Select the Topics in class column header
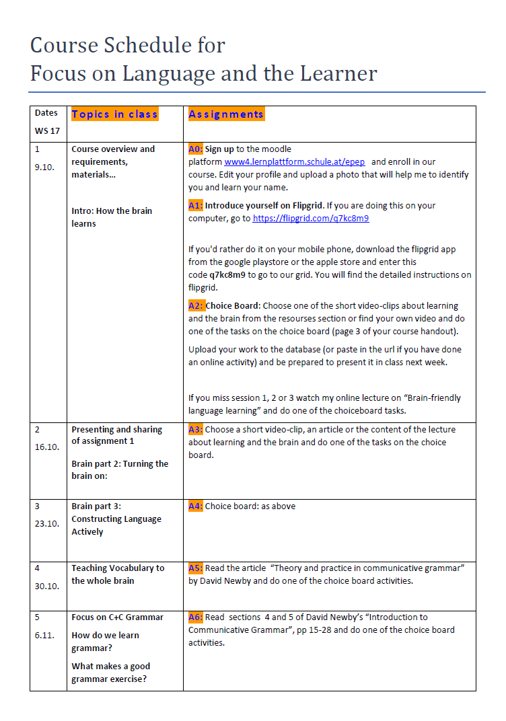pos(114,114)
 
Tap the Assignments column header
pos(226,114)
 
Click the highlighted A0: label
pos(195,149)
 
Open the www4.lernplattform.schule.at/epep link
pos(295,162)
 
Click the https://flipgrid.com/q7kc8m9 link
pos(311,219)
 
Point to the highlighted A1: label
pos(195,206)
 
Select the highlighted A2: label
pos(196,305)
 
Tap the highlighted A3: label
pos(195,429)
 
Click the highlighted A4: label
pos(195,506)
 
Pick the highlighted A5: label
pos(195,568)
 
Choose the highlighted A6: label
pos(195,617)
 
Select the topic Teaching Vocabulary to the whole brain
pos(118,574)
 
